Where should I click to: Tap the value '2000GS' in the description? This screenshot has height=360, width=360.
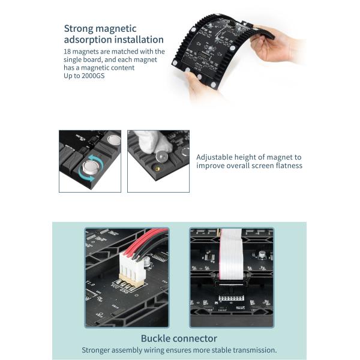click(x=91, y=76)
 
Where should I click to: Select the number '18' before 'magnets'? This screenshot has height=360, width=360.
click(x=67, y=52)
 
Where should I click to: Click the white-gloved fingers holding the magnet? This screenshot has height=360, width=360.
click(x=146, y=142)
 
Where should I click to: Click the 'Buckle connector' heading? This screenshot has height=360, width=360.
click(x=179, y=338)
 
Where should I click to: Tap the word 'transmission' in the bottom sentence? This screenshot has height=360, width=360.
click(x=254, y=350)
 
